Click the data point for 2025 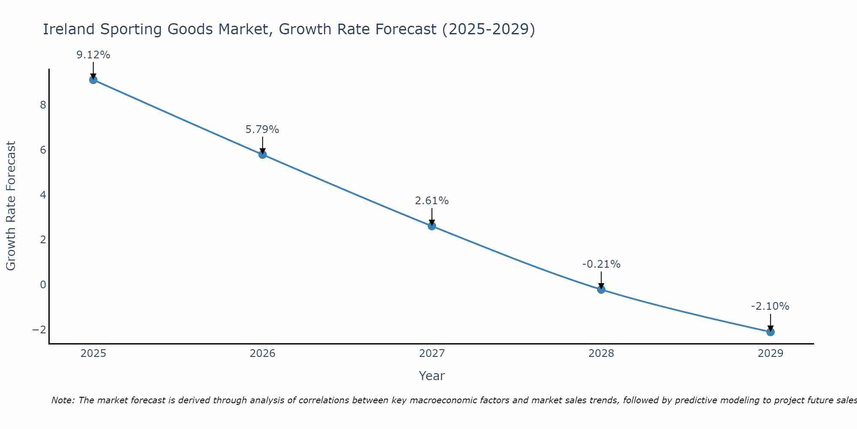(x=93, y=80)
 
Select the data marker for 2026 (x=263, y=154)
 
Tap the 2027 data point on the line (x=432, y=226)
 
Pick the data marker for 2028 (x=601, y=290)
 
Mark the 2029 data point (x=770, y=332)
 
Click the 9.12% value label (x=93, y=55)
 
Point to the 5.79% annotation (x=262, y=130)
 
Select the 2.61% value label (x=432, y=201)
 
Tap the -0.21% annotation (x=601, y=264)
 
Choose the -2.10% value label (x=770, y=306)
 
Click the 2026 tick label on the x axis (x=263, y=353)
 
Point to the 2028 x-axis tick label (x=601, y=353)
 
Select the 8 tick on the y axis (x=43, y=105)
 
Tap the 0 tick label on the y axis (x=43, y=284)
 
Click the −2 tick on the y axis (x=39, y=329)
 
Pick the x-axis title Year (x=432, y=376)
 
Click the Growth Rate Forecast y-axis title (x=11, y=206)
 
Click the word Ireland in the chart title (x=69, y=29)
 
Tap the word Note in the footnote (x=63, y=400)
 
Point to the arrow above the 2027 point (x=432, y=217)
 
